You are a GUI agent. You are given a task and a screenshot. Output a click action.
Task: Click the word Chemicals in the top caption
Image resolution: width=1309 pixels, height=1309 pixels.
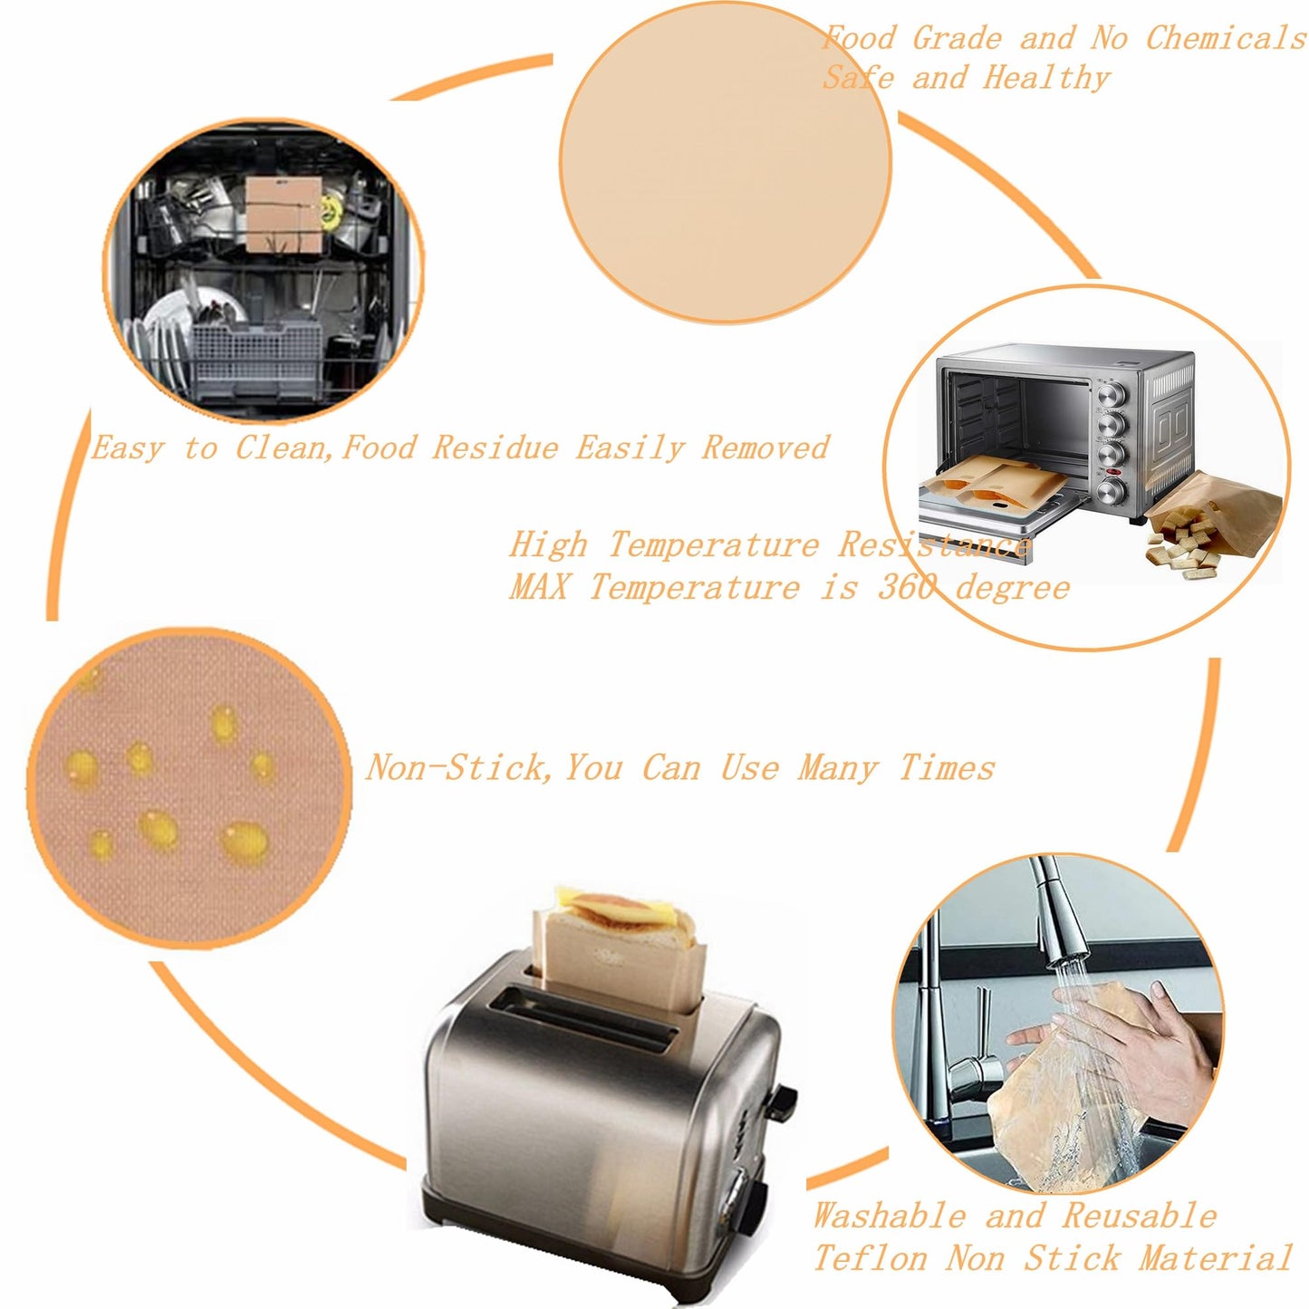1226,38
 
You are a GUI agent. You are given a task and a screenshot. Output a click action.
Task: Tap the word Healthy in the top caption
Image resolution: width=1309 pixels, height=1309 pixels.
1046,78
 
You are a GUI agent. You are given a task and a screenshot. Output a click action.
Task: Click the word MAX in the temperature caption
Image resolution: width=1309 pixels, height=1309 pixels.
538,586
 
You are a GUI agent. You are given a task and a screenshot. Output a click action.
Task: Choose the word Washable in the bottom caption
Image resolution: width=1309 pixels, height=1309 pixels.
889,1197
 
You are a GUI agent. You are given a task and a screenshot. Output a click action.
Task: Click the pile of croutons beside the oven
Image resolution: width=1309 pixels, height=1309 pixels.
1179,549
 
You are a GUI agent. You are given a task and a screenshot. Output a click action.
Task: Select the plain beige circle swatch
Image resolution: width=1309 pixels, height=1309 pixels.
725,163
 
